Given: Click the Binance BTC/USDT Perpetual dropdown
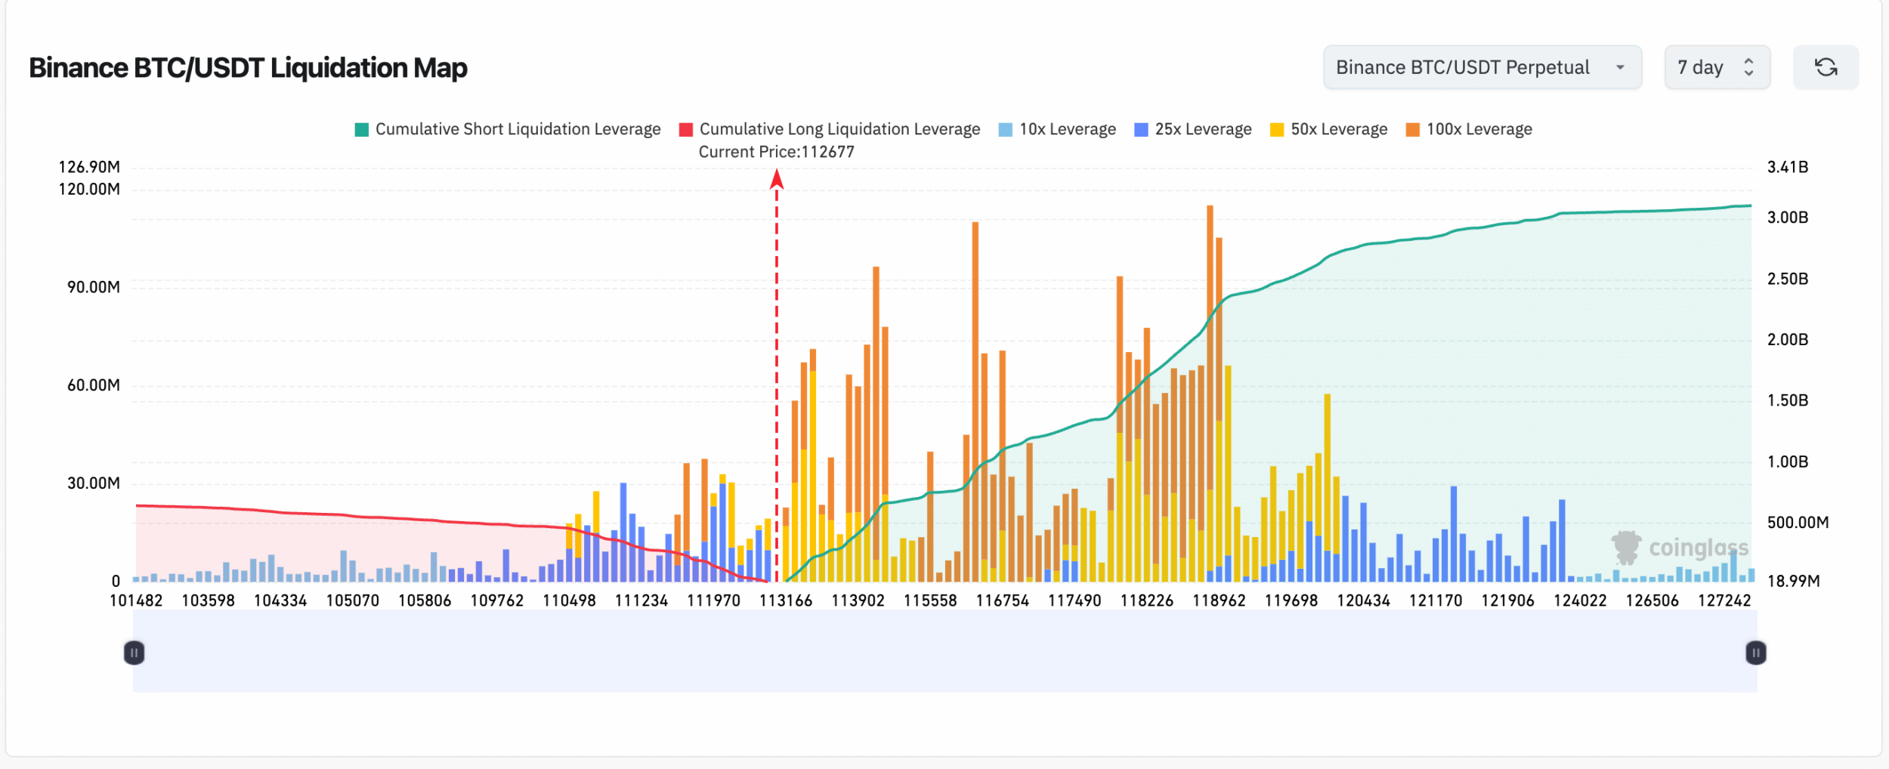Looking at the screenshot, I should pyautogui.click(x=1481, y=67).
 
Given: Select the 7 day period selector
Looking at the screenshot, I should pyautogui.click(x=1716, y=67).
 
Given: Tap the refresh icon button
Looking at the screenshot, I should pyautogui.click(x=1826, y=67).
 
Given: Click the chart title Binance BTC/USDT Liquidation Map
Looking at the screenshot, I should pyautogui.click(x=248, y=68).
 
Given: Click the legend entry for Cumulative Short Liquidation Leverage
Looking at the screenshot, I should pyautogui.click(x=508, y=129).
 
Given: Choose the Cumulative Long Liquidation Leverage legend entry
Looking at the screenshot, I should pyautogui.click(x=830, y=129).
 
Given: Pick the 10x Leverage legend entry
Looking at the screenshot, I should pyautogui.click(x=1057, y=129).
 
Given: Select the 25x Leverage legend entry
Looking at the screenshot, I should pyautogui.click(x=1193, y=129).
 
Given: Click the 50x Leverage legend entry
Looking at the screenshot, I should pyautogui.click(x=1329, y=129).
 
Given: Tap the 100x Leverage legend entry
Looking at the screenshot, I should pyautogui.click(x=1469, y=129).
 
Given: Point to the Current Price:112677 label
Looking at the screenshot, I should pyautogui.click(x=776, y=152).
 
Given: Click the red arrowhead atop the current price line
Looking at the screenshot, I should pyautogui.click(x=777, y=179).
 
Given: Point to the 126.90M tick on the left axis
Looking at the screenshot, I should pyautogui.click(x=89, y=167).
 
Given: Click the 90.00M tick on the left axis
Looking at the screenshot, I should pyautogui.click(x=93, y=287).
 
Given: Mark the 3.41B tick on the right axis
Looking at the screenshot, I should pyautogui.click(x=1787, y=167).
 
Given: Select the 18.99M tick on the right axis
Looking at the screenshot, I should pyautogui.click(x=1793, y=581).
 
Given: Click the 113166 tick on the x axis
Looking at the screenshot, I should pyautogui.click(x=786, y=601).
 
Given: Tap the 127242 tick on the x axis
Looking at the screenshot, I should pyautogui.click(x=1724, y=601).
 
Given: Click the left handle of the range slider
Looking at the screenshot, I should pyautogui.click(x=134, y=653).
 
